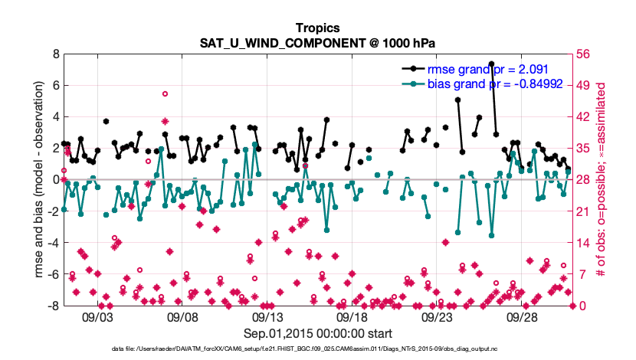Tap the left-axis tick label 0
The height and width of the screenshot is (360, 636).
click(55, 179)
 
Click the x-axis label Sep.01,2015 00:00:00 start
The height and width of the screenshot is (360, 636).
click(317, 333)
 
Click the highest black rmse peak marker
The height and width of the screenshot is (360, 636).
click(491, 64)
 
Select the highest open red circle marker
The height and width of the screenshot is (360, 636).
click(165, 93)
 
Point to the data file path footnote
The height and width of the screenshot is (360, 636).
click(317, 349)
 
